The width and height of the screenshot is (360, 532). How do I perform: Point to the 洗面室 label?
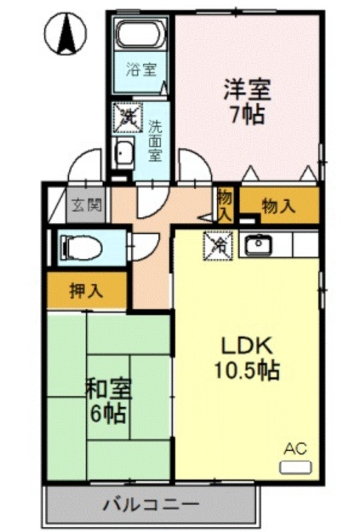pyautogui.click(x=154, y=140)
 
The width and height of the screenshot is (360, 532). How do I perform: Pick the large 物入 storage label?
pyautogui.click(x=278, y=206)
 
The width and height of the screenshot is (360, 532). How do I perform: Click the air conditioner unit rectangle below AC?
pyautogui.click(x=294, y=467)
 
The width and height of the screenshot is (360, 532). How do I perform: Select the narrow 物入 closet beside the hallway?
pyautogui.click(x=225, y=205)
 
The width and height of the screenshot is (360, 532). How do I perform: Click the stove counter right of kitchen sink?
pyautogui.click(x=305, y=245)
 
